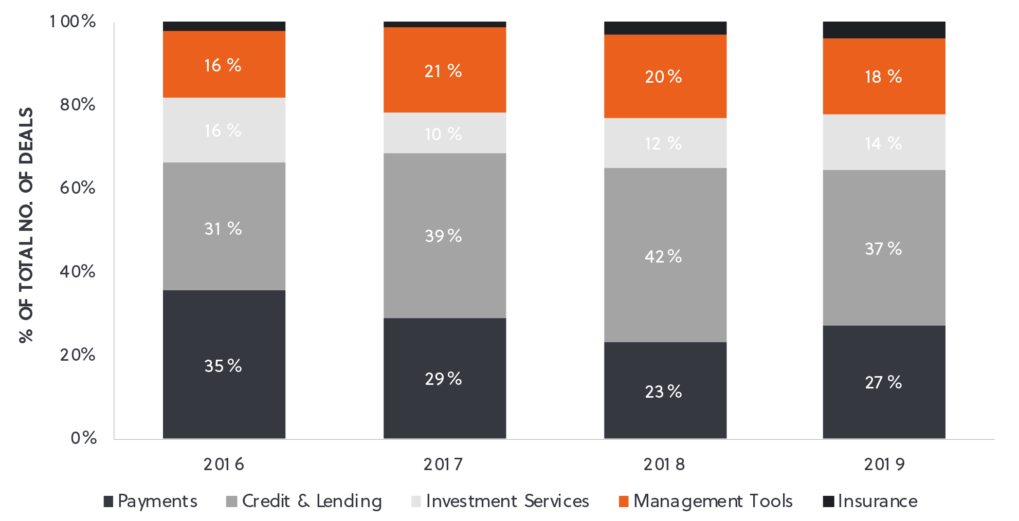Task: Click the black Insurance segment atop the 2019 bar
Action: (884, 30)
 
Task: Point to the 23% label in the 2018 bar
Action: (663, 392)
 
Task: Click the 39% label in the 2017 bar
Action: (443, 236)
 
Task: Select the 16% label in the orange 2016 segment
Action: (223, 65)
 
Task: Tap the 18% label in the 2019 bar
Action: (883, 77)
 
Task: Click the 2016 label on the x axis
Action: (224, 464)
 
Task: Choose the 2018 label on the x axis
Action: (664, 464)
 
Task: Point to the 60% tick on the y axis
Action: (78, 188)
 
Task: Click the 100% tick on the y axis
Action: (72, 21)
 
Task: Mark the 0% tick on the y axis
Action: (84, 438)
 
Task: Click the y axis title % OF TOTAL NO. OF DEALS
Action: (26, 225)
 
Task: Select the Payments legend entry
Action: (151, 501)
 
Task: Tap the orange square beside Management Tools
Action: (623, 501)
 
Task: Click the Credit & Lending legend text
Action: (312, 501)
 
